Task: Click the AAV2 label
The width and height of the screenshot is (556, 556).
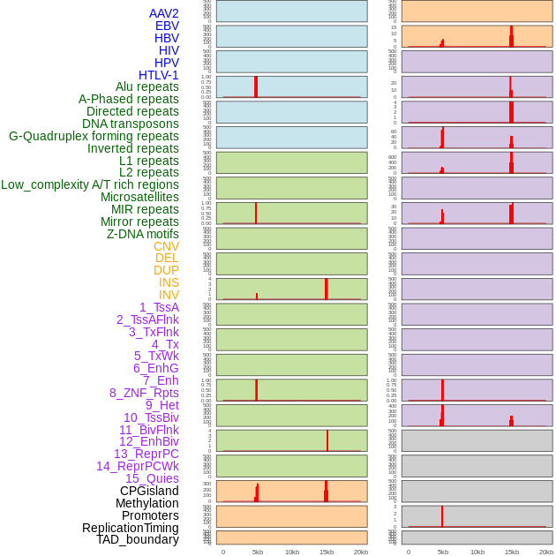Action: [x=163, y=13]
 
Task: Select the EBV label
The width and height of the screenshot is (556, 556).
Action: [x=167, y=26]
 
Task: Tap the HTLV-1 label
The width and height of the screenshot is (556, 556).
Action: [x=158, y=75]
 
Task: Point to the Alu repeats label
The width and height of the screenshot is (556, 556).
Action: [x=147, y=86]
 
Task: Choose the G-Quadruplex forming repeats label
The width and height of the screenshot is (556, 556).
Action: [x=94, y=136]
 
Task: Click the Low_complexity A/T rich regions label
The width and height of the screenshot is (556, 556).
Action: [x=90, y=184]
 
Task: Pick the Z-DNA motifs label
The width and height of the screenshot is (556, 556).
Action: [x=142, y=234]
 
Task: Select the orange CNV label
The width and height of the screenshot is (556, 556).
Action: [x=166, y=246]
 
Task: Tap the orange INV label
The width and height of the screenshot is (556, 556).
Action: [x=169, y=295]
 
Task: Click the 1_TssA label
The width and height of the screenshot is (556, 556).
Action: [x=159, y=307]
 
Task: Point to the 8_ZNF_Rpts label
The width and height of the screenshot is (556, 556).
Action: [x=144, y=393]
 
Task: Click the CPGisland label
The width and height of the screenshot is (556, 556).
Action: [x=149, y=491]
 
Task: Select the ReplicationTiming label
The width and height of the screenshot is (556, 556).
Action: [x=130, y=528]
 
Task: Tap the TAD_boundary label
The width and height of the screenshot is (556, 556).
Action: [x=138, y=539]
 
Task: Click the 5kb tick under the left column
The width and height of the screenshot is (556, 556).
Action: [x=258, y=552]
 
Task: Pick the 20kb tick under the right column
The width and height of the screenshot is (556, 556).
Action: [x=546, y=552]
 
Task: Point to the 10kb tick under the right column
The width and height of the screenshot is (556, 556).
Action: [x=477, y=552]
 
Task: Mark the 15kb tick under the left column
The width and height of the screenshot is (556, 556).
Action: [x=327, y=552]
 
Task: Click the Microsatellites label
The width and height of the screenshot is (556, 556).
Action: [x=139, y=197]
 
